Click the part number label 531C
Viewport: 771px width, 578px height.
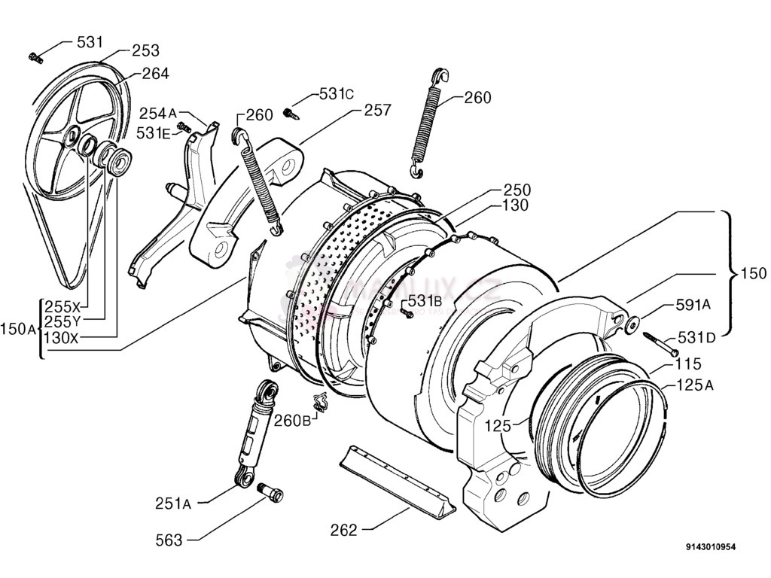[x=337, y=94]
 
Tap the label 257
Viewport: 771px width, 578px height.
[x=377, y=111]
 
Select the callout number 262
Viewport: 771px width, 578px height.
[x=343, y=530]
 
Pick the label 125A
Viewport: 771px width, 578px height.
[x=694, y=385]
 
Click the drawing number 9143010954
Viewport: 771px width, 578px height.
[x=710, y=547]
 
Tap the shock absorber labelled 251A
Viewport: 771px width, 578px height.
[x=253, y=433]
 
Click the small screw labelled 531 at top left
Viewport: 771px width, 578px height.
[x=34, y=56]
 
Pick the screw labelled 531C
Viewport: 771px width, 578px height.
[x=290, y=113]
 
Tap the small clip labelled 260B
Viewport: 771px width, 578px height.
[x=320, y=402]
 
